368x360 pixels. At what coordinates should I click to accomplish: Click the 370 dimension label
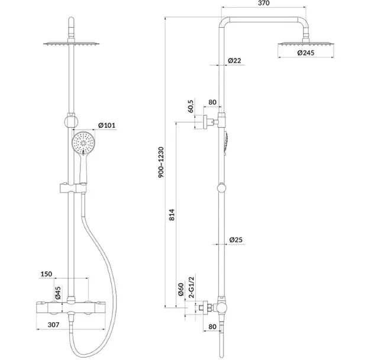tap(264, 4)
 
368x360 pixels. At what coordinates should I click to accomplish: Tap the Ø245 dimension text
tap(305, 53)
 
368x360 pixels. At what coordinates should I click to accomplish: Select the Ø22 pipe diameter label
tap(234, 60)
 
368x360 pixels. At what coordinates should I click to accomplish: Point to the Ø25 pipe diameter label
tap(236, 240)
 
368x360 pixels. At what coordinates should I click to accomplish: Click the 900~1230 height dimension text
tap(161, 162)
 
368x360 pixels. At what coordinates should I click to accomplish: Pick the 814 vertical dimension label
tap(172, 214)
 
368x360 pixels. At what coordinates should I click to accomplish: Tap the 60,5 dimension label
tap(191, 106)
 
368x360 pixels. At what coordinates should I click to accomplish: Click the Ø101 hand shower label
tap(106, 126)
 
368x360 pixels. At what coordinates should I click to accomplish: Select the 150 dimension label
tap(47, 274)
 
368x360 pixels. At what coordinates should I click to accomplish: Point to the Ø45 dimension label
tap(58, 293)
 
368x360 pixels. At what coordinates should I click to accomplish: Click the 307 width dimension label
tap(53, 325)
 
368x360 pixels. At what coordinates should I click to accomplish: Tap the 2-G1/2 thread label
tap(192, 287)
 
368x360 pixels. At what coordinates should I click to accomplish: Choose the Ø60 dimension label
tap(180, 290)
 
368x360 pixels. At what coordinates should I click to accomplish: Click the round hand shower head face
tap(83, 143)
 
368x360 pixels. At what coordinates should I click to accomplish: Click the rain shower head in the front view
tap(72, 44)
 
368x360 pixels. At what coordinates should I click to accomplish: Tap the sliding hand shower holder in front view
tap(73, 188)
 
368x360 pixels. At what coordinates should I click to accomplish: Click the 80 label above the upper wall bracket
tap(212, 102)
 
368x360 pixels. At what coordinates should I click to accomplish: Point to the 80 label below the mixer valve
tap(212, 327)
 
